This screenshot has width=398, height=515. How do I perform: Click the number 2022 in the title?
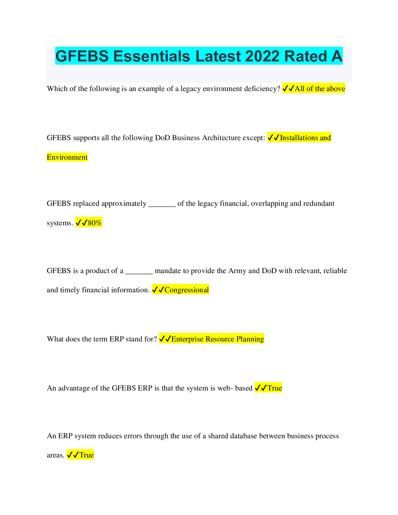coord(262,56)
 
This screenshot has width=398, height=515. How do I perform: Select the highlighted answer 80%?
coord(95,223)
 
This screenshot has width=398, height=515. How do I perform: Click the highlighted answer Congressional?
coord(186,290)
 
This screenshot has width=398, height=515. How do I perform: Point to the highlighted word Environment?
coord(67,157)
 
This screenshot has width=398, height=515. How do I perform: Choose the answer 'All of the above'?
coord(320,89)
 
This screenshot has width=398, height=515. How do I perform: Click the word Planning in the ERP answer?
coord(250,339)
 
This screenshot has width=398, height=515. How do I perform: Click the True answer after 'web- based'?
coord(274,388)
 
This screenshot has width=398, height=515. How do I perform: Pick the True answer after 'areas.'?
coord(86,455)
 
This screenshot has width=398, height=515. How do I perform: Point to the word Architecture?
coord(221,138)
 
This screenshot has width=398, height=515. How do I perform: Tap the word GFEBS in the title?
coord(82,56)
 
